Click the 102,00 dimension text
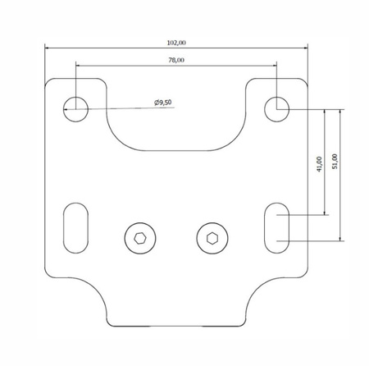[x=176, y=42]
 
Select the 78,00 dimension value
[x=176, y=60]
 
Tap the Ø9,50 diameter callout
[x=162, y=102]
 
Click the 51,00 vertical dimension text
[x=335, y=162]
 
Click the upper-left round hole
[x=75, y=107]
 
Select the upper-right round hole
[x=276, y=107]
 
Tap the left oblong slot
[x=75, y=227]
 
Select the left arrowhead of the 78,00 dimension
[x=79, y=65]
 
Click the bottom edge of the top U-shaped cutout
[x=176, y=150]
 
